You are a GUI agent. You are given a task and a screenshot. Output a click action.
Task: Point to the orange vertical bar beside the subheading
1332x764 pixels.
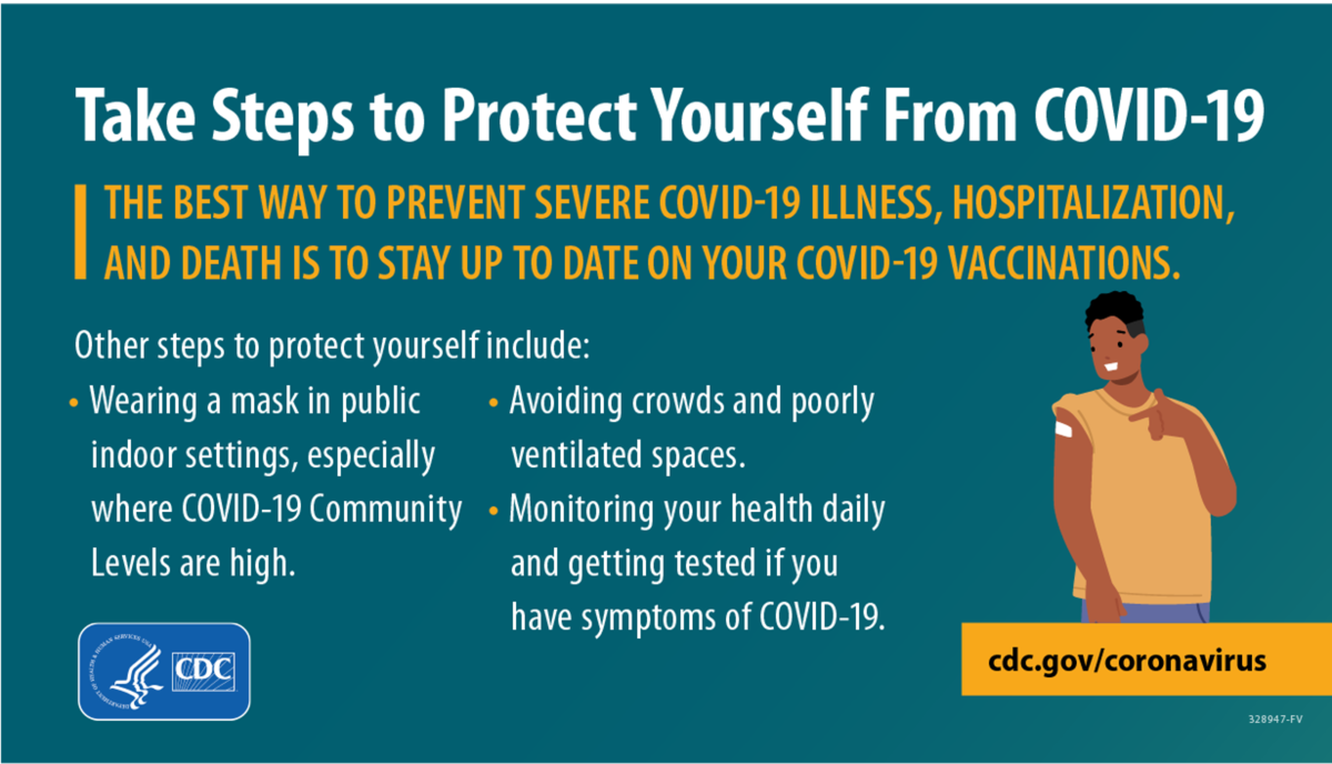[x=80, y=232]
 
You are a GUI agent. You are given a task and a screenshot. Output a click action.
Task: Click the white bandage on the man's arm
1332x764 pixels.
[x=1063, y=429]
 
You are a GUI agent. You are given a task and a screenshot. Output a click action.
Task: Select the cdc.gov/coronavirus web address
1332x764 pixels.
[x=1127, y=661]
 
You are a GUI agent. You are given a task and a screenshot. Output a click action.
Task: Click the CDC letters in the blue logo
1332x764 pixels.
[x=203, y=671]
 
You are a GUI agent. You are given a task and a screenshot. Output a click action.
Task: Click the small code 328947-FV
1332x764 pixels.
[x=1275, y=719]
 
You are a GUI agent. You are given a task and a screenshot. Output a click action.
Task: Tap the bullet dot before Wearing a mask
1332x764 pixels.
[x=73, y=402]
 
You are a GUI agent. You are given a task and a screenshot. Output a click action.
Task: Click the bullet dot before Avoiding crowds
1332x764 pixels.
[x=494, y=402]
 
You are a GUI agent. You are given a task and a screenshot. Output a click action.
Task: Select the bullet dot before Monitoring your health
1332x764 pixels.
[x=494, y=511]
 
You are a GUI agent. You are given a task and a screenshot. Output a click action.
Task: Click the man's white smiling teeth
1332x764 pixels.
[x=1111, y=367]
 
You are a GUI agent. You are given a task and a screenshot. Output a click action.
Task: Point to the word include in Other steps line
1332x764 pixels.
[x=537, y=345]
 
